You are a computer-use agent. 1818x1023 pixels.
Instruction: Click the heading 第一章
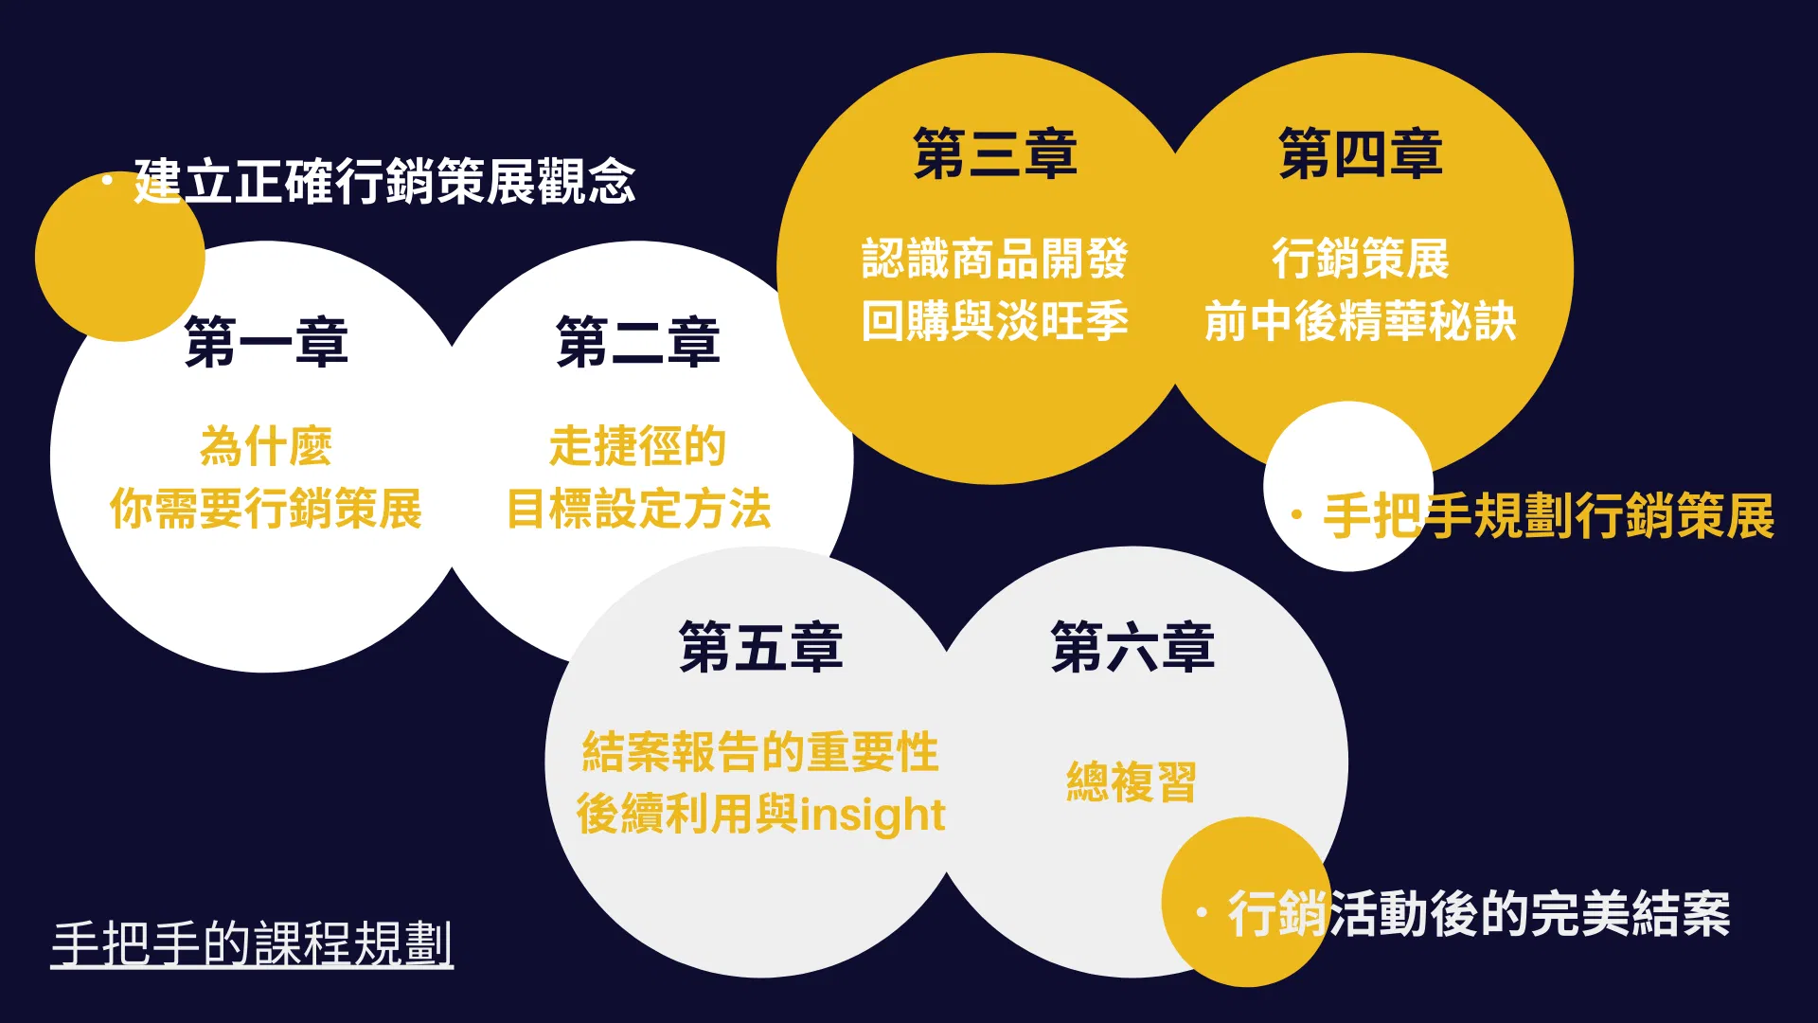coord(266,342)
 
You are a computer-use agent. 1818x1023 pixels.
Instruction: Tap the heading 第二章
coord(638,342)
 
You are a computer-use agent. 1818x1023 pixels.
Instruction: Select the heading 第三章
coord(995,153)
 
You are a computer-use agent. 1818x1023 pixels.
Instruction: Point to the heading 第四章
coord(1361,153)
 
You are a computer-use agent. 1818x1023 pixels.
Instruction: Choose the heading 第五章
coord(761,648)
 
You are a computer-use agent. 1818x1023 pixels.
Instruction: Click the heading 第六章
coord(1132,648)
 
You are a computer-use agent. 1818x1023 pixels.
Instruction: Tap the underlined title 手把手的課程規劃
coord(252,943)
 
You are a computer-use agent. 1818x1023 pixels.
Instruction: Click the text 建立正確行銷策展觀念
coord(384,181)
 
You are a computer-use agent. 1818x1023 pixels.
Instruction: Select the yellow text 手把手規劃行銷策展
coord(1549,516)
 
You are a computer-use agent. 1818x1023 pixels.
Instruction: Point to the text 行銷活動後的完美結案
coord(1479,914)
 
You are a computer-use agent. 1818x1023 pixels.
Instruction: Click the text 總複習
coord(1132,782)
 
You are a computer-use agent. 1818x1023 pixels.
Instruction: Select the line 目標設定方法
coord(639,509)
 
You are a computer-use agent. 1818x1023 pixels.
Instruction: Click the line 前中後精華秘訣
coord(1361,321)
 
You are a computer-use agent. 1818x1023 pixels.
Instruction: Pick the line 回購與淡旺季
coord(995,321)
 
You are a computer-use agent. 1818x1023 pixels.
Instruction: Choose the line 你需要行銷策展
coord(266,509)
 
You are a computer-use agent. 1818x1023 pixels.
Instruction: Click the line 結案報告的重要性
coord(761,752)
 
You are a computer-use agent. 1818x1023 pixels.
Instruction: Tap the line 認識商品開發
coord(995,259)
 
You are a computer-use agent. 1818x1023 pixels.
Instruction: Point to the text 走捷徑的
coord(638,446)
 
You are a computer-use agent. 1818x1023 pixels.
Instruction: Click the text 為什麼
coord(266,446)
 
